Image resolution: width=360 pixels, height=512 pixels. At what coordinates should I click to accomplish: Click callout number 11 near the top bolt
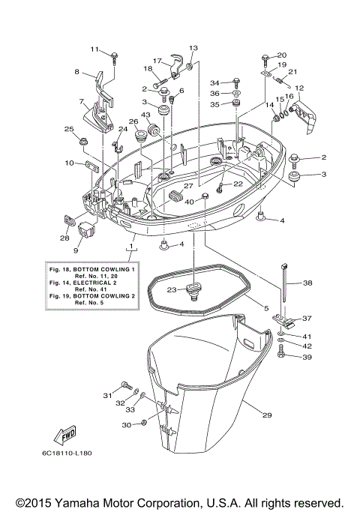[x=94, y=49]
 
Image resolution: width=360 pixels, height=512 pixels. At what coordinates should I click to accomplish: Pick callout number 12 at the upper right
[x=299, y=88]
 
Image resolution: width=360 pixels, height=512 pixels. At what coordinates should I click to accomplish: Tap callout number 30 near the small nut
[x=125, y=425]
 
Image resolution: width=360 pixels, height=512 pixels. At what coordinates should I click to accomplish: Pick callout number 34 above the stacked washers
[x=214, y=82]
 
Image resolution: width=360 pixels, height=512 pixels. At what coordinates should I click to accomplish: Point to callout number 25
[x=69, y=129]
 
